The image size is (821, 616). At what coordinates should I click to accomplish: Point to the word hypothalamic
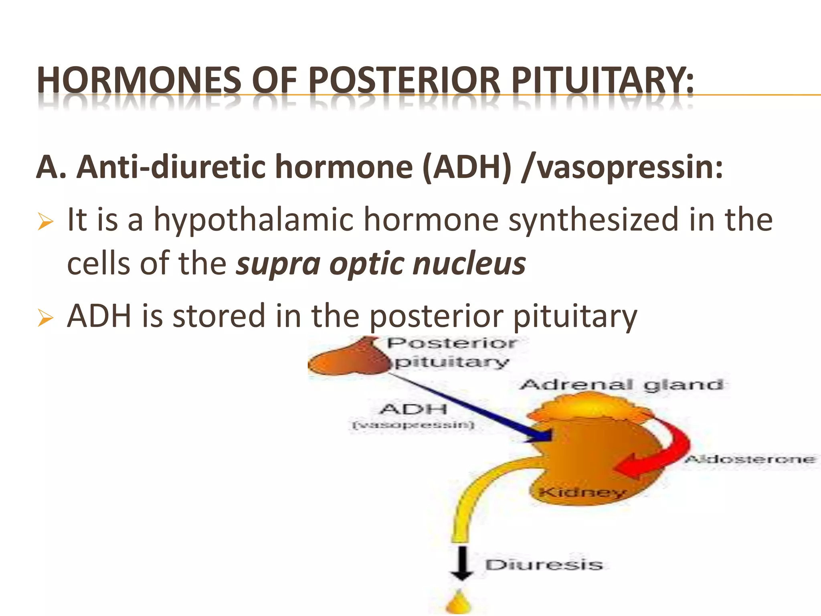point(254,221)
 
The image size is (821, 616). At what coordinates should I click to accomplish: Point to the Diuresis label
point(544,565)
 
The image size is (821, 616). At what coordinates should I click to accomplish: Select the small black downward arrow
point(462,563)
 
